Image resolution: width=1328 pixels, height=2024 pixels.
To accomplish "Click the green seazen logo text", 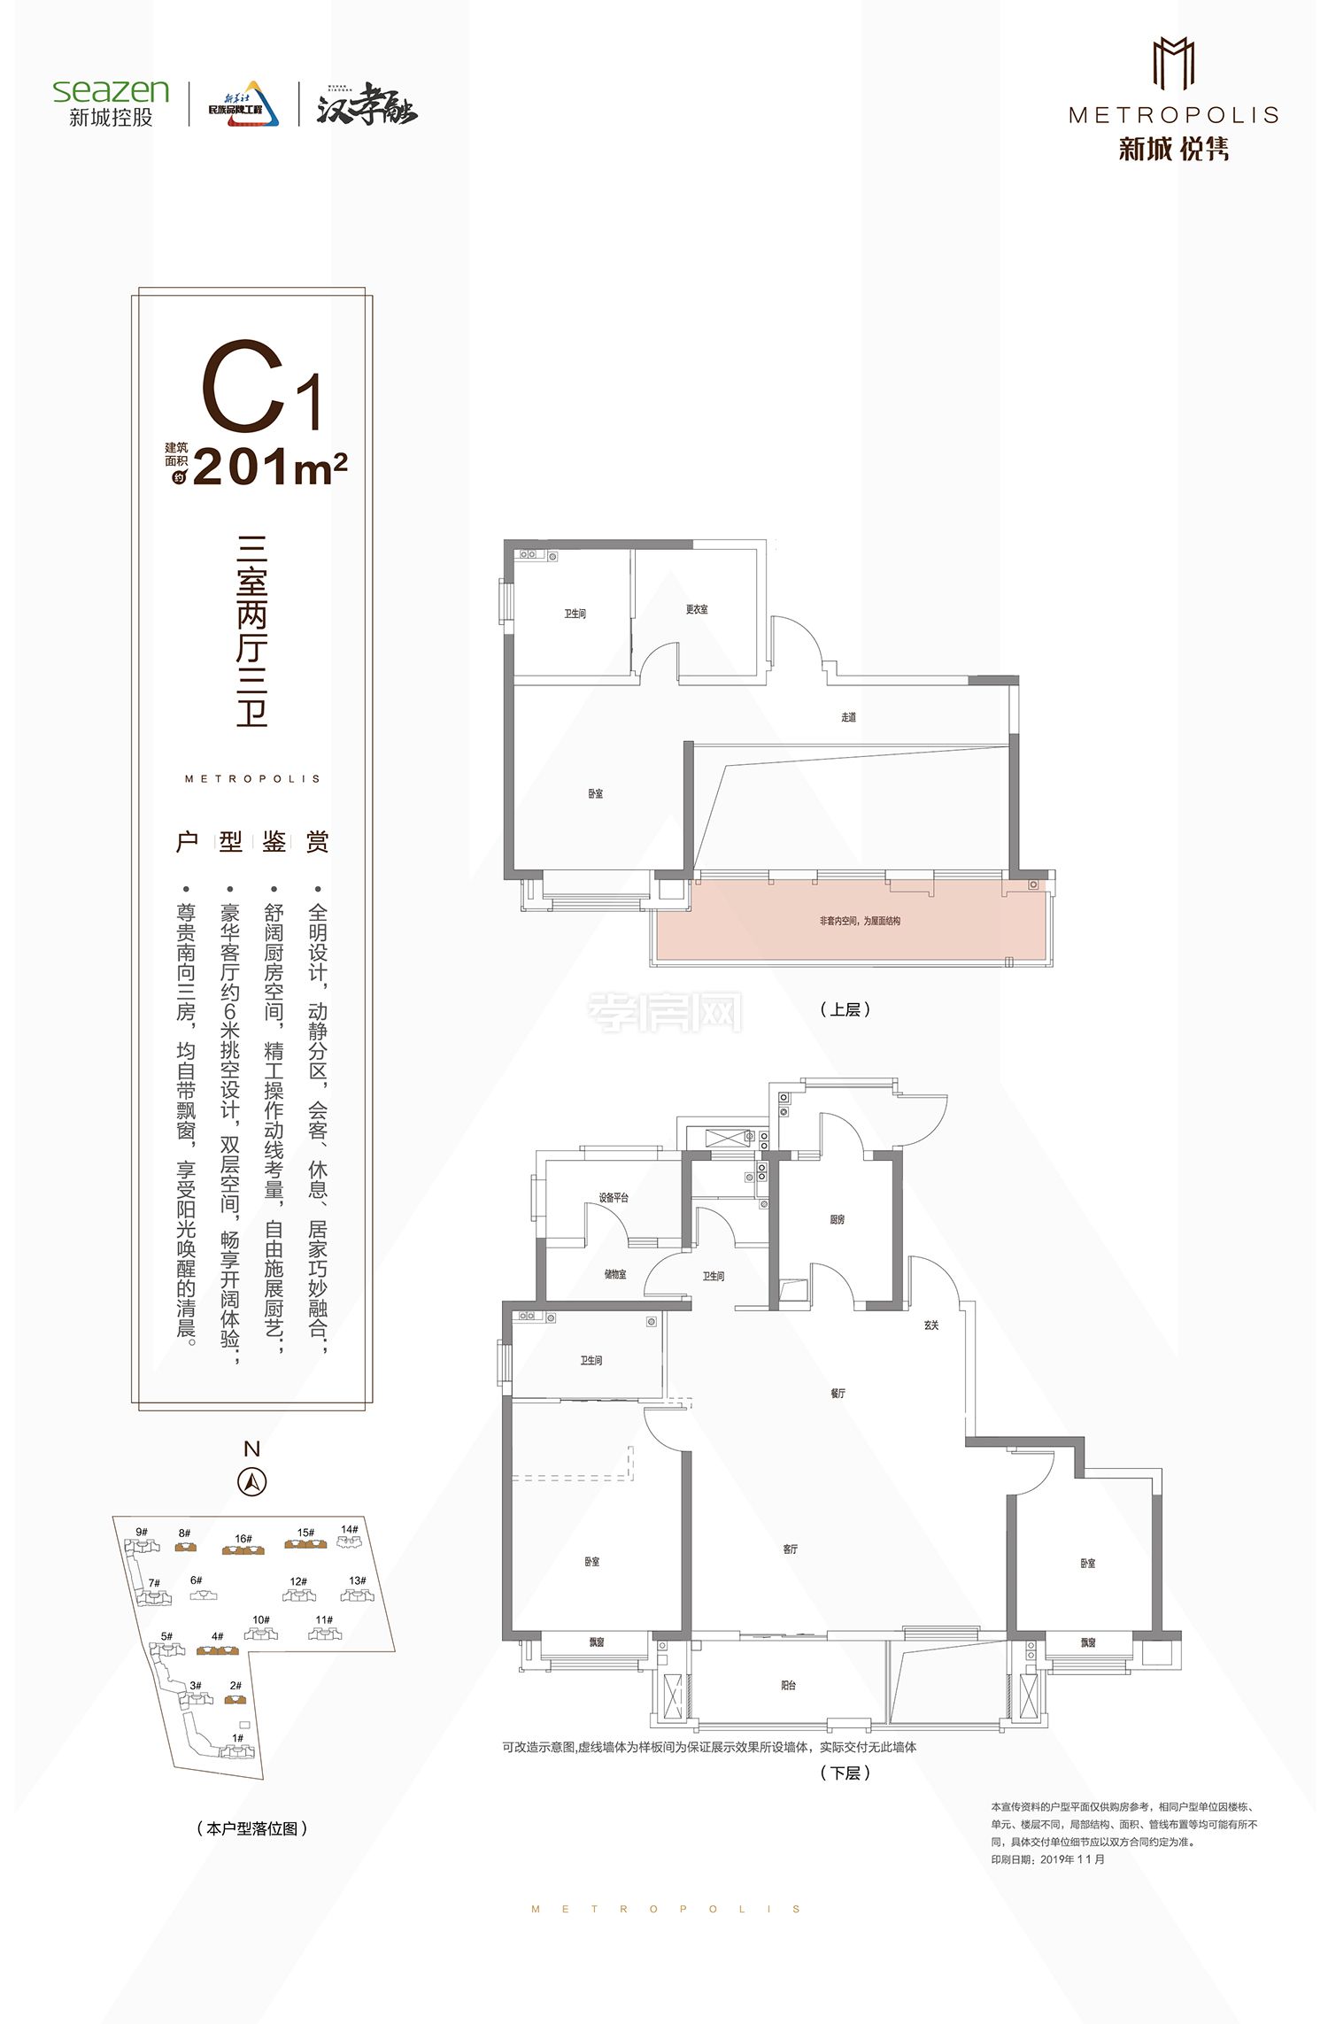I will tap(111, 90).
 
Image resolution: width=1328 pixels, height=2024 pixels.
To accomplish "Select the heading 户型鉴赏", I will tap(252, 841).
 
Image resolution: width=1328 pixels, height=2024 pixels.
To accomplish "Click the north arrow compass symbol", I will tap(252, 1481).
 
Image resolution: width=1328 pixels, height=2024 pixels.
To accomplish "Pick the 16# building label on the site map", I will tap(243, 1539).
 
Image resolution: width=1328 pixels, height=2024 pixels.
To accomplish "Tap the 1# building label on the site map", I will tap(237, 1738).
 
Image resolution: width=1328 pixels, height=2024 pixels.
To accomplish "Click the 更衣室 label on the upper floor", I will tap(697, 609).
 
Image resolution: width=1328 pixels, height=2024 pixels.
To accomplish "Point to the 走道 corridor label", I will tap(848, 717).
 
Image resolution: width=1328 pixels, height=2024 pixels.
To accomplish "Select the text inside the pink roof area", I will tap(860, 921).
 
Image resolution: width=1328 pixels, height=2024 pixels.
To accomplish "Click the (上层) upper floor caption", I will tap(845, 1009).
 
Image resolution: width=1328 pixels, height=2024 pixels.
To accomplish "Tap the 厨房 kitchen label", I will tap(838, 1219).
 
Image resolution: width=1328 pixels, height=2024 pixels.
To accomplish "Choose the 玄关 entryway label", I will tap(931, 1325).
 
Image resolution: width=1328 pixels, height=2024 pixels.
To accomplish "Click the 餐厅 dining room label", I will tap(838, 1394).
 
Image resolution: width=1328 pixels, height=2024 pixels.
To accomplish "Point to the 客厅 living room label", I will tap(791, 1549).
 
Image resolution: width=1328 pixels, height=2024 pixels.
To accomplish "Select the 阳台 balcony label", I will tap(788, 1685).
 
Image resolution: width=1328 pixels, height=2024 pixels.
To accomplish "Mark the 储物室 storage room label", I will tap(615, 1274).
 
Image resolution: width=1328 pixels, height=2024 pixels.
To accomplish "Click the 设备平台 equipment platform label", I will tap(614, 1197).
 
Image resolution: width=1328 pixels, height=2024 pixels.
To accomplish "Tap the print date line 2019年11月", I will tap(1048, 1859).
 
